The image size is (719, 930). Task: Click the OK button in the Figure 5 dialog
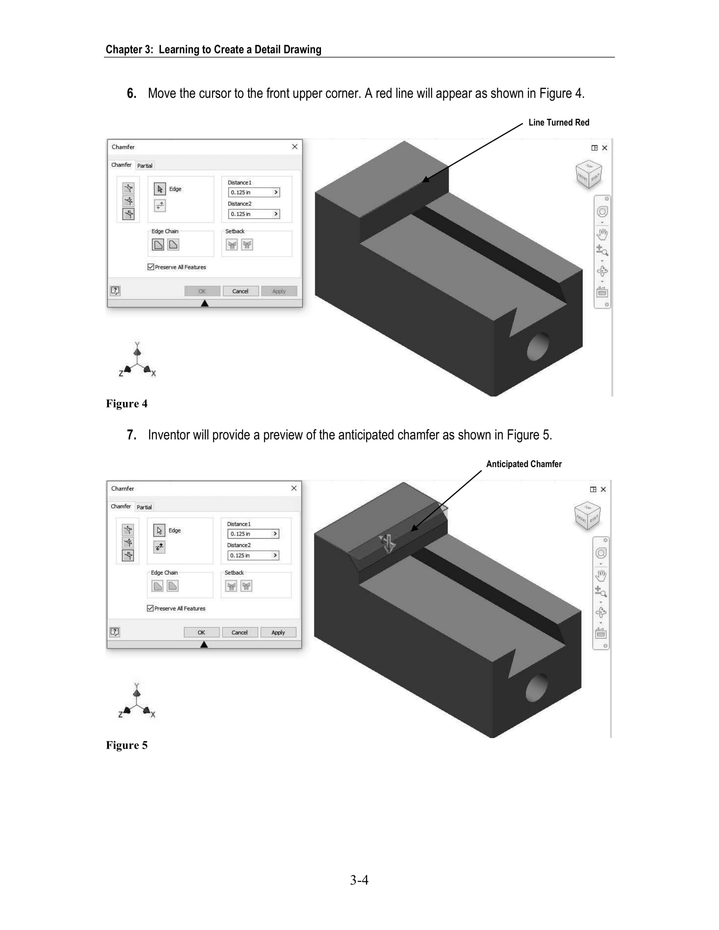click(201, 632)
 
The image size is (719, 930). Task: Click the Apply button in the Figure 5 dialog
click(278, 632)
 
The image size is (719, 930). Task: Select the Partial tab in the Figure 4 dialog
click(145, 166)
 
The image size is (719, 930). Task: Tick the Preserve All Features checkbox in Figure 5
click(151, 608)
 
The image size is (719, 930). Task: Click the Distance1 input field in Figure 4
click(254, 192)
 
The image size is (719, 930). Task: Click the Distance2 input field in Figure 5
click(253, 555)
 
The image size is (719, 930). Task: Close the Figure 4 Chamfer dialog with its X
click(295, 147)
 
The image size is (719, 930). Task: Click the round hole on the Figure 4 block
click(538, 346)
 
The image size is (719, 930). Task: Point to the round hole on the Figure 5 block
click(537, 688)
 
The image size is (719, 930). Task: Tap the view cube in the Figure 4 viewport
click(589, 174)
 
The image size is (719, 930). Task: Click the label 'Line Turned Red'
click(559, 123)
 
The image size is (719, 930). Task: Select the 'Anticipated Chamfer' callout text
click(524, 464)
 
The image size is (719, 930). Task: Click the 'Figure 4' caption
click(126, 404)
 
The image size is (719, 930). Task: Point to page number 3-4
click(359, 880)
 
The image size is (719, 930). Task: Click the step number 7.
click(132, 435)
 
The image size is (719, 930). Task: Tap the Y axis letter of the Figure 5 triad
click(137, 686)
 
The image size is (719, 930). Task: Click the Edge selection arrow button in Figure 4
click(160, 189)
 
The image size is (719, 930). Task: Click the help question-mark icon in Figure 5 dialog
click(115, 632)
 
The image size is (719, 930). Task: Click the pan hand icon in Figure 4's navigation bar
click(602, 234)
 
